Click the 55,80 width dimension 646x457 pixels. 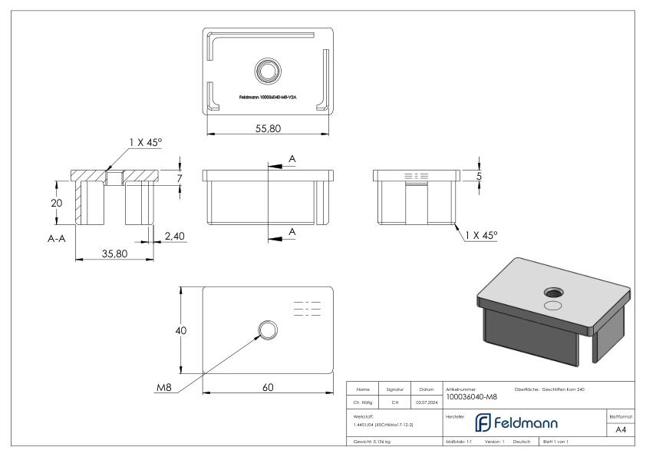[x=268, y=129]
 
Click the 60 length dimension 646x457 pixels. [x=268, y=387]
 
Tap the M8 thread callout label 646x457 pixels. [x=163, y=388]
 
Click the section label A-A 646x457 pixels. [x=54, y=239]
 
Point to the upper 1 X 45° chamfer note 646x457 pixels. [x=146, y=142]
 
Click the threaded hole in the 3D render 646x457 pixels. [x=552, y=292]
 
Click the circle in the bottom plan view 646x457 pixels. [x=267, y=331]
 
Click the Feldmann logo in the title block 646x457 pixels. [x=519, y=423]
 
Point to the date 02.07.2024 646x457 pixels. [x=426, y=401]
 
